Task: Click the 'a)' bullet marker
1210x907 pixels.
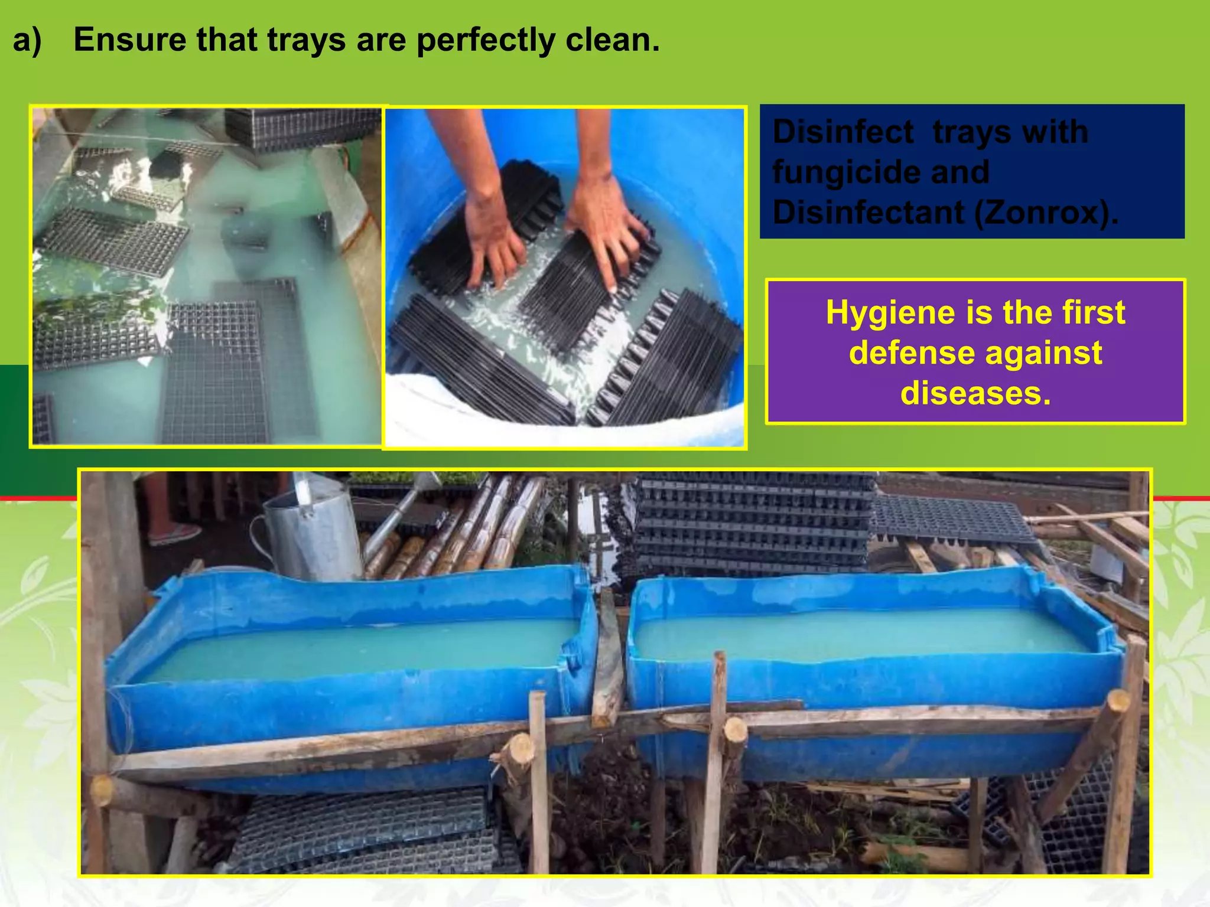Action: coord(27,40)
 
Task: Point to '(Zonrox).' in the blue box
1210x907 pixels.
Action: coord(1046,212)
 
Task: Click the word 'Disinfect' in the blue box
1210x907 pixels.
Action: coord(843,131)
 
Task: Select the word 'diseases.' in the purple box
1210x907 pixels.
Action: coord(975,393)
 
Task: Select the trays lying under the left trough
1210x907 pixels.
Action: coord(366,833)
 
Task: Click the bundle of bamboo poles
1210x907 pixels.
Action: coord(467,526)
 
